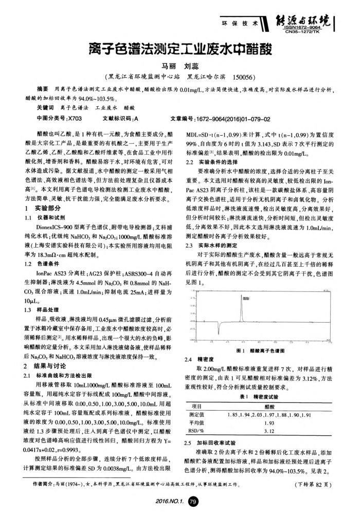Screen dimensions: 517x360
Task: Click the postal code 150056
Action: (x=243, y=78)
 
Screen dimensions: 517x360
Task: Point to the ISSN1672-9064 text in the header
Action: (x=314, y=27)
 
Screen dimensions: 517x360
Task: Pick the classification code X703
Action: (x=75, y=118)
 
